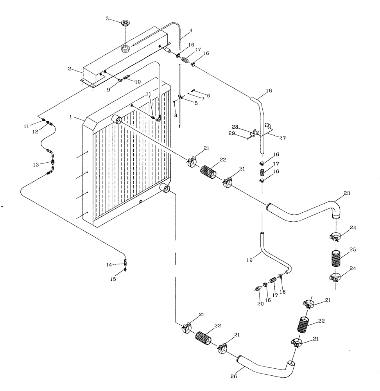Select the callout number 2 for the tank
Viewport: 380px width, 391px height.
(x=69, y=69)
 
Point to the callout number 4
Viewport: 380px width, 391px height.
(x=191, y=30)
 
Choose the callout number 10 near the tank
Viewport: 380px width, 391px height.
(x=138, y=82)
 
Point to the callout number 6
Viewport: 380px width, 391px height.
(x=208, y=96)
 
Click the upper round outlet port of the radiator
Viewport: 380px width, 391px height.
(x=117, y=120)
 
